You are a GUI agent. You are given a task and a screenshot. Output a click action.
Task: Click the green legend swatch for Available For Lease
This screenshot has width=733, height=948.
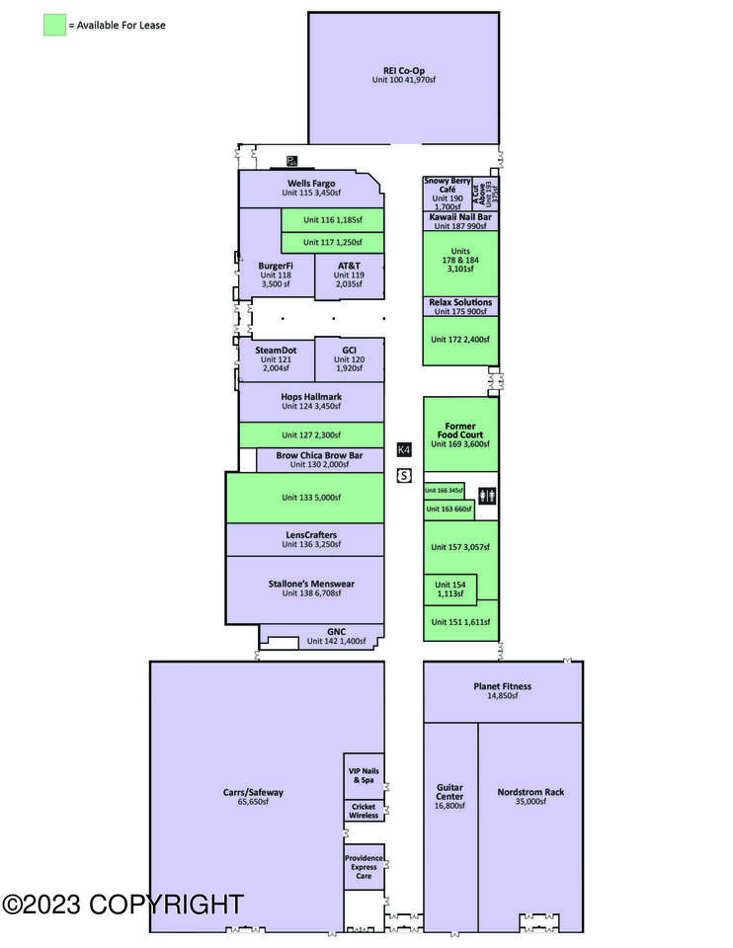point(54,25)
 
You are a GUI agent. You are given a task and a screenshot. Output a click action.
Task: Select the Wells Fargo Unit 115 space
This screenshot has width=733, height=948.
point(311,188)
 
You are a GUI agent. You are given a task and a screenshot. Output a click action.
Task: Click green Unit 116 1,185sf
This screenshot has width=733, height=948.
point(332,219)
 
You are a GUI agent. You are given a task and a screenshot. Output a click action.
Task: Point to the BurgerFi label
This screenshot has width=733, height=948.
point(276,266)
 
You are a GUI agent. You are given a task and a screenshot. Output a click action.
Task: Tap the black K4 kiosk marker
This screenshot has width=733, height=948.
point(403,449)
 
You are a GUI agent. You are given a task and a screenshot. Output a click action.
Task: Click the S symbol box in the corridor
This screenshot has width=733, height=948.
point(403,476)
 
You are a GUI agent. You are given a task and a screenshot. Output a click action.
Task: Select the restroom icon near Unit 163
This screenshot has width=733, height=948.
point(487,496)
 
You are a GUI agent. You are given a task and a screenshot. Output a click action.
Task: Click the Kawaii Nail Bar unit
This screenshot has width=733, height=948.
point(460,221)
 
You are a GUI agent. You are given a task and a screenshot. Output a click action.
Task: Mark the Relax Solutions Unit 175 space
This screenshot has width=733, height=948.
point(460,306)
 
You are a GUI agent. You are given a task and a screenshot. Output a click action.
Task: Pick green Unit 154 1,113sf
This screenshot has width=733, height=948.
point(450,588)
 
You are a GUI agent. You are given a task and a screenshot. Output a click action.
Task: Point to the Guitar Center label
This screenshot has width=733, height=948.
point(449,797)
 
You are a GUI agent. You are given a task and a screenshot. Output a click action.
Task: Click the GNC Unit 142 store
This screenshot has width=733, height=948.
point(335,635)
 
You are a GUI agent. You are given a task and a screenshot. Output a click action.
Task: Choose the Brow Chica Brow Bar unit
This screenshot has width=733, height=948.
point(319,460)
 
